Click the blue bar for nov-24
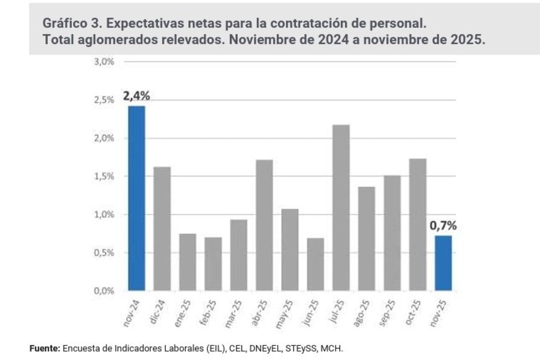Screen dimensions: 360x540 click(x=137, y=198)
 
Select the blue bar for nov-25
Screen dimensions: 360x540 click(x=443, y=263)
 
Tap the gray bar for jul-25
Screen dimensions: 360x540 click(x=341, y=207)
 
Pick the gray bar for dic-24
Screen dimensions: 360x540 click(x=162, y=228)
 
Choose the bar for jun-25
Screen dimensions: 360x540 click(x=315, y=264)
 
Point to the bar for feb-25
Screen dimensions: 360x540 click(x=213, y=264)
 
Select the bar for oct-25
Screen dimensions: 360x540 click(x=418, y=224)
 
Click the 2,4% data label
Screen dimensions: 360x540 click(x=137, y=96)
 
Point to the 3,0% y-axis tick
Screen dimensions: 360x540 click(x=103, y=62)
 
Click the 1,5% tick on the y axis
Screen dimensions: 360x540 click(x=103, y=176)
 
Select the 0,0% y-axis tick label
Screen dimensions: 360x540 click(x=103, y=290)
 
